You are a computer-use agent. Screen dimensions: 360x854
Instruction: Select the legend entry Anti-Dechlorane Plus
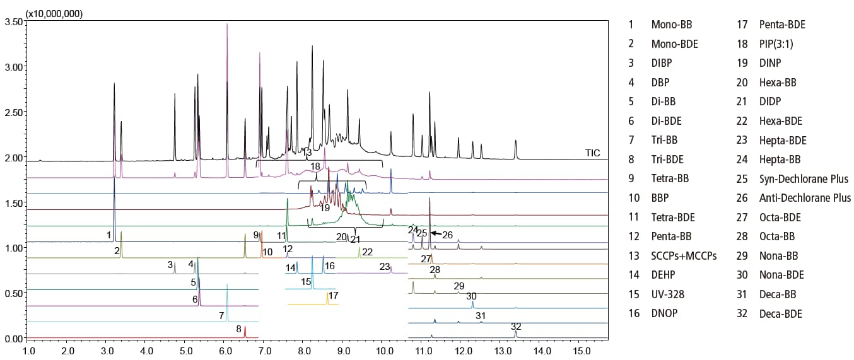tap(805, 198)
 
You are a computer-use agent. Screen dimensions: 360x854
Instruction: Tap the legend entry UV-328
tap(669, 294)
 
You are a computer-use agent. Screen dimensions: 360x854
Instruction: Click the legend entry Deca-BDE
tap(781, 313)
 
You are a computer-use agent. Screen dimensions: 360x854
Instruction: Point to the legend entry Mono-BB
tap(671, 25)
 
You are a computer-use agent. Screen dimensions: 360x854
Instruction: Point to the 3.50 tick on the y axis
tap(14, 21)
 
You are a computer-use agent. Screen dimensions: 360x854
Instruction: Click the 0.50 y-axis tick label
tap(14, 293)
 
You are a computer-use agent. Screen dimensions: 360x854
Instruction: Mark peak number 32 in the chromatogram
tap(516, 327)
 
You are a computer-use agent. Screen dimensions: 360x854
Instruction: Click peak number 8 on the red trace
tap(238, 328)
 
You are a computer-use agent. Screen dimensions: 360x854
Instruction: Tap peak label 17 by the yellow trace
tap(334, 295)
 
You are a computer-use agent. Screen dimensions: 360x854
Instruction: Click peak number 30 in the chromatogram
tap(471, 296)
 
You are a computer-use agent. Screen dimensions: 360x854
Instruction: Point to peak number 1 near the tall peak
tap(109, 235)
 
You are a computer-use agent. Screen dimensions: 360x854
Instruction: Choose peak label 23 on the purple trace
tap(384, 266)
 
